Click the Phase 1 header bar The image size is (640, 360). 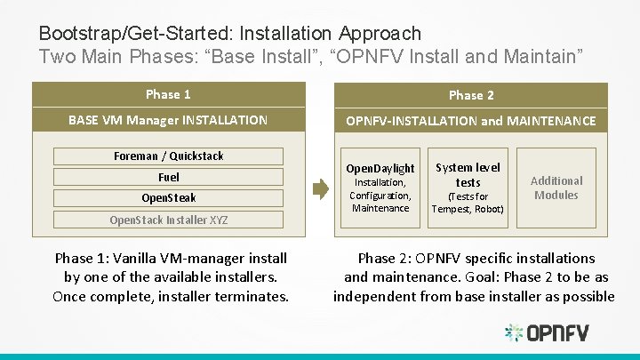coord(168,94)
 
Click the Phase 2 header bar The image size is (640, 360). coord(471,95)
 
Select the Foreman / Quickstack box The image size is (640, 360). coord(168,156)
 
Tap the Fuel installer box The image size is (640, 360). coord(168,177)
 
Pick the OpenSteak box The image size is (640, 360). coord(168,197)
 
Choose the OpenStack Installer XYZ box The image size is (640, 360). coord(168,220)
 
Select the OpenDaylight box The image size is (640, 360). coord(380,188)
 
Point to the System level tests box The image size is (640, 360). coord(468,188)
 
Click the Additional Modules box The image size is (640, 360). coord(556,188)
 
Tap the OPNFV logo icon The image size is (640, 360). coord(514,333)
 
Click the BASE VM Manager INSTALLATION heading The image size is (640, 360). coord(168,119)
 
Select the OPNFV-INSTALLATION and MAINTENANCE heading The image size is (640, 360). coord(471,120)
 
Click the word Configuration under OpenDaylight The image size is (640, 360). coord(380,196)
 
